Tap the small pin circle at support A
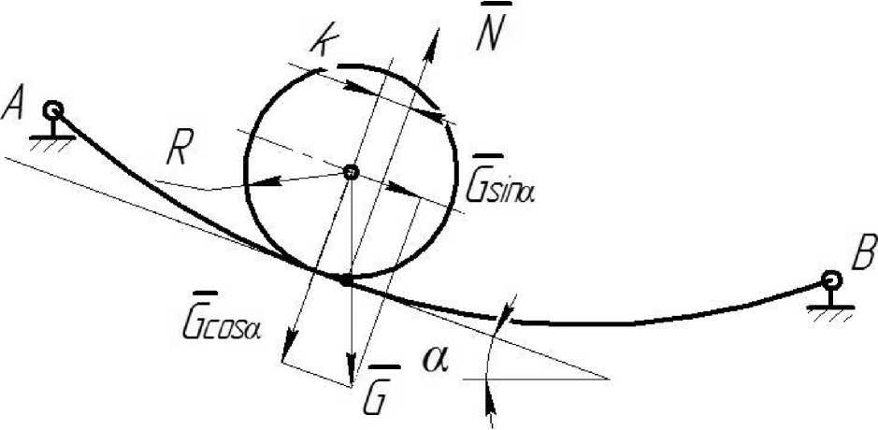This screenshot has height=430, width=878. pos(53,108)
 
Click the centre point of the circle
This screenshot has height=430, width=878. pos(350,172)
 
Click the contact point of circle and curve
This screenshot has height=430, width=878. pos(346,279)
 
